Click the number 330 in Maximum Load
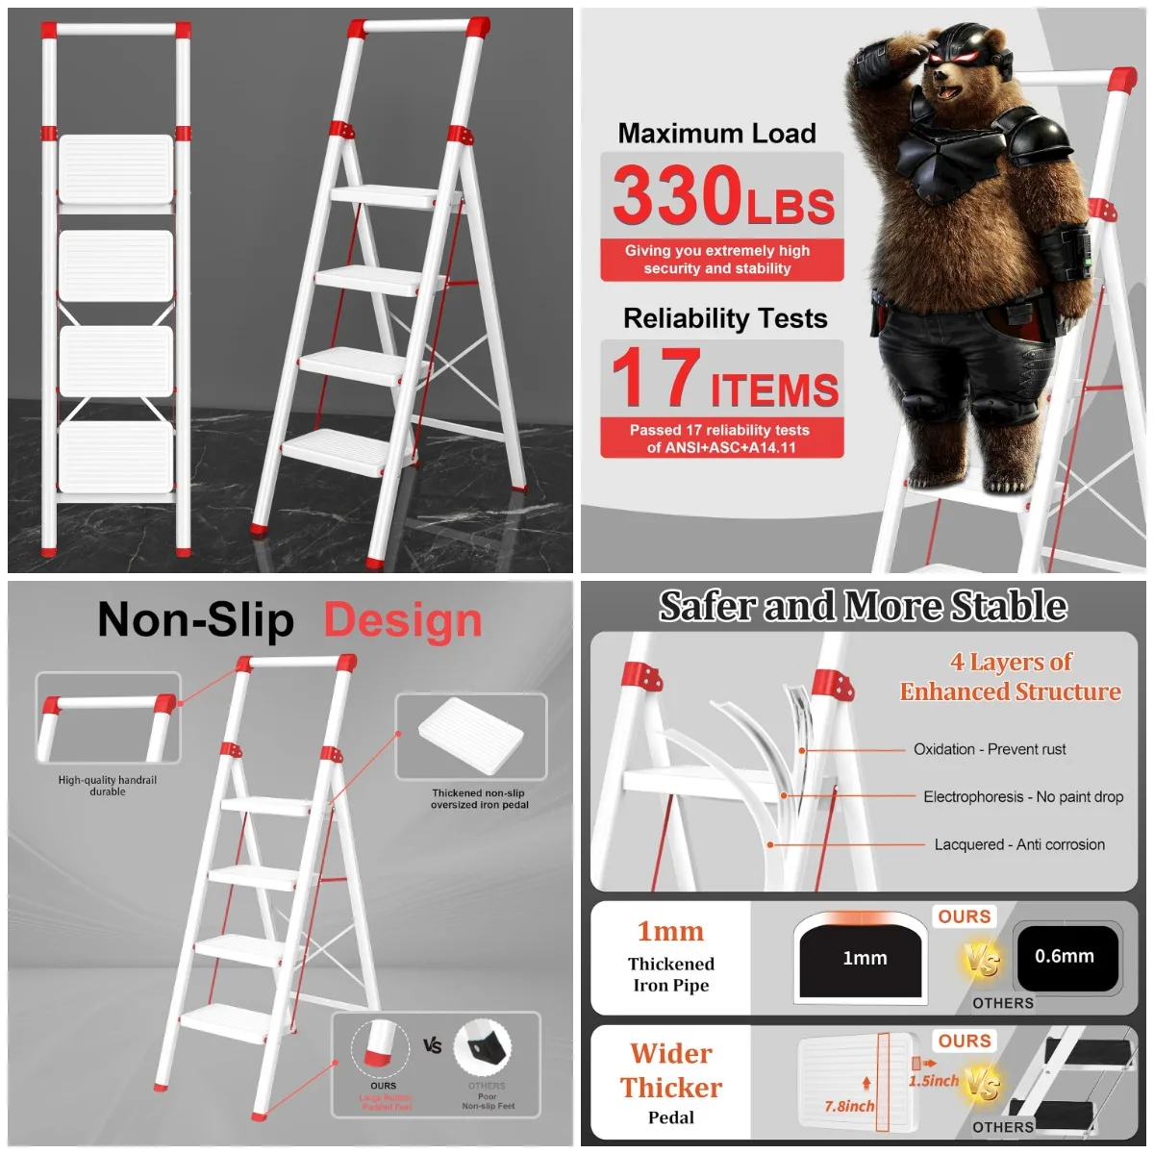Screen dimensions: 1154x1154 click(x=676, y=195)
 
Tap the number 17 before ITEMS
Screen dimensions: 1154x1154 click(x=656, y=377)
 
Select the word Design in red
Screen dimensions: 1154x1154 click(x=403, y=620)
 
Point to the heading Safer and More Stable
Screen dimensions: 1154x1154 click(x=863, y=606)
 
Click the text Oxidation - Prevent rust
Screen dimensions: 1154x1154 click(x=990, y=749)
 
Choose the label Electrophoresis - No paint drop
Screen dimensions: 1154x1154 click(x=1023, y=796)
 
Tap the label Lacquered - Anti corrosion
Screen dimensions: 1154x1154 click(x=1019, y=844)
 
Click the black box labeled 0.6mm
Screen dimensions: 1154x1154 click(x=1065, y=957)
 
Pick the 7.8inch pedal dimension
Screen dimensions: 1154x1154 click(x=849, y=1106)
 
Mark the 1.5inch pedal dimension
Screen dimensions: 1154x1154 click(x=933, y=1080)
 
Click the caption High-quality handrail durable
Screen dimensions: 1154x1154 click(x=108, y=786)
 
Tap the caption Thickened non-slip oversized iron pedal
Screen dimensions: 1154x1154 click(x=479, y=799)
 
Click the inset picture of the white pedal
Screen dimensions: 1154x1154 click(x=471, y=736)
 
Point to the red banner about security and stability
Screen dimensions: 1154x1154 click(x=717, y=260)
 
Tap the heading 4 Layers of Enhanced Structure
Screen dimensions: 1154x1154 click(x=1010, y=676)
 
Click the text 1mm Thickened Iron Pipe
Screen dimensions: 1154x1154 click(x=671, y=958)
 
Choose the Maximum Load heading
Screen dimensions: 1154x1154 click(x=716, y=134)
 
